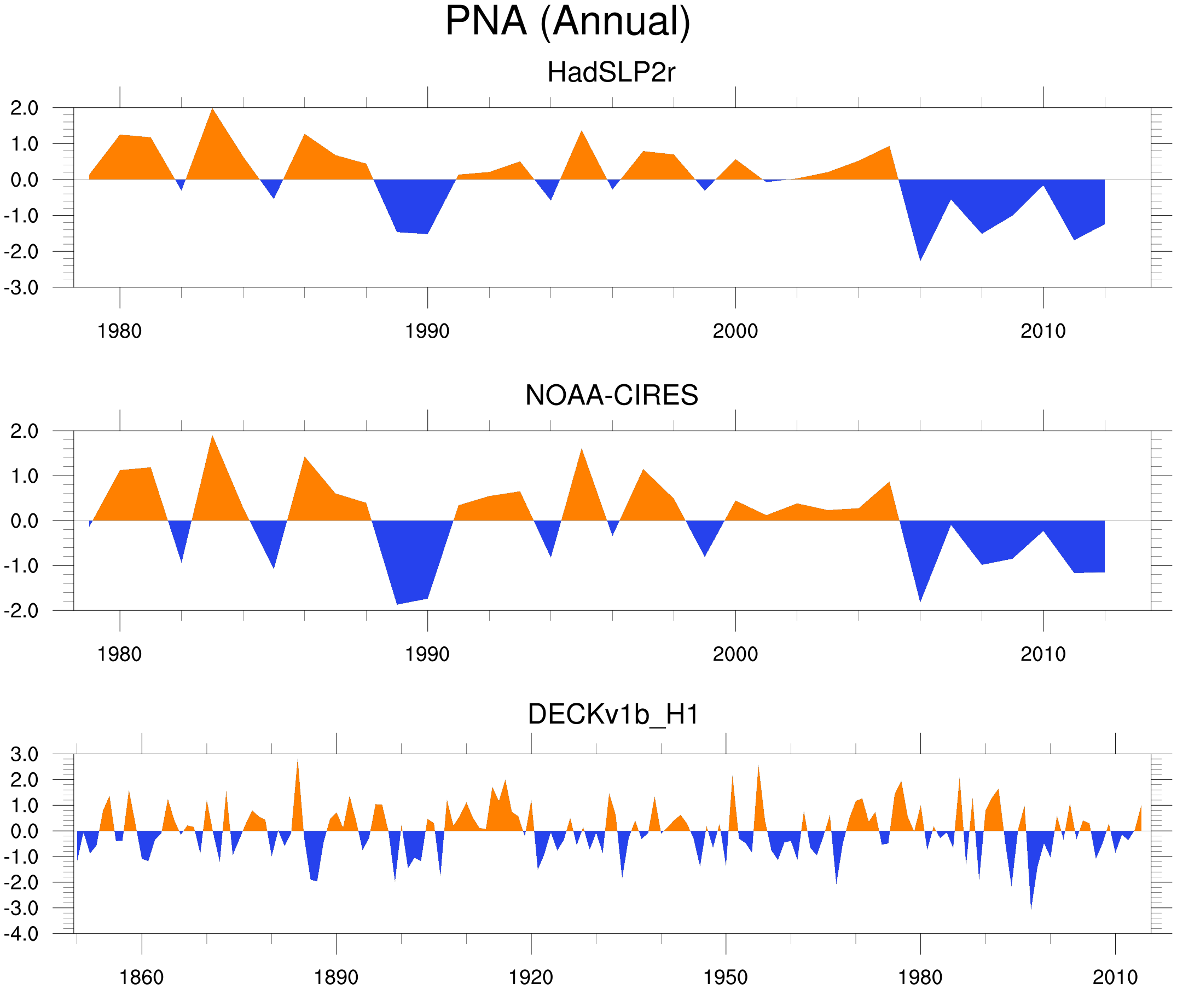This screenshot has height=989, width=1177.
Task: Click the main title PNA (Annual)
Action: pos(567,21)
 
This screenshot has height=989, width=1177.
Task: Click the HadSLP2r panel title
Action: pos(611,72)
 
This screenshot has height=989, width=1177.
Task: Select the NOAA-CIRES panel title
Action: pos(611,395)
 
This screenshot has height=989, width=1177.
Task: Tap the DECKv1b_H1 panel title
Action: pos(613,714)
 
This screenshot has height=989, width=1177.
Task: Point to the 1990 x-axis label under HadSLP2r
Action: pos(427,331)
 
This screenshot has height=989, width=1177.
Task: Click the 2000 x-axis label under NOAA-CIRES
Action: pos(735,654)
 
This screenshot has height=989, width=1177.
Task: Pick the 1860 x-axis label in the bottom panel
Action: pos(141,977)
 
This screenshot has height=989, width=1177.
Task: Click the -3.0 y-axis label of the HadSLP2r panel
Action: pos(21,288)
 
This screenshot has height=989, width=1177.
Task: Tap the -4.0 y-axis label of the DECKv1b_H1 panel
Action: pos(21,934)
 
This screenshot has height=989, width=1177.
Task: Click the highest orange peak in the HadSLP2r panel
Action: pos(212,109)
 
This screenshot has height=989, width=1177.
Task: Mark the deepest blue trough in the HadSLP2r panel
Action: pos(920,259)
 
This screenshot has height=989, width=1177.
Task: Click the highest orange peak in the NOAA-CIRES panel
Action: pos(212,437)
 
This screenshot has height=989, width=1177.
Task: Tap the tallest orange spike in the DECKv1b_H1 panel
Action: pos(298,761)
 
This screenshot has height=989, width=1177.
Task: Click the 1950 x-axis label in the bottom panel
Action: pos(725,977)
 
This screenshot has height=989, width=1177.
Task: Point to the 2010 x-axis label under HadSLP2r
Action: pos(1042,331)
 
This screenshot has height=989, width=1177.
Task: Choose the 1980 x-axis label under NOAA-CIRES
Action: pos(119,654)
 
